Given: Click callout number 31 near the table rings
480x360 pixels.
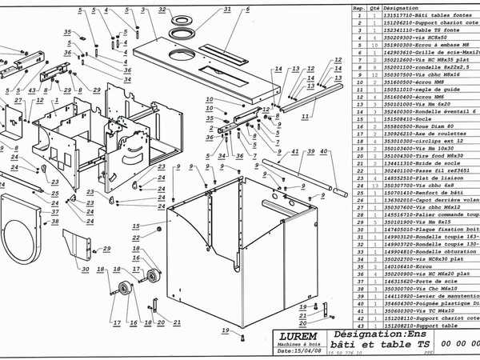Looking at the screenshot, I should (226, 10).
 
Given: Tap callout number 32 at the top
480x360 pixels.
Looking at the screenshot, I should (162, 10).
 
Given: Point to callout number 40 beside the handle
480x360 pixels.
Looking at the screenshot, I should (323, 151).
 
